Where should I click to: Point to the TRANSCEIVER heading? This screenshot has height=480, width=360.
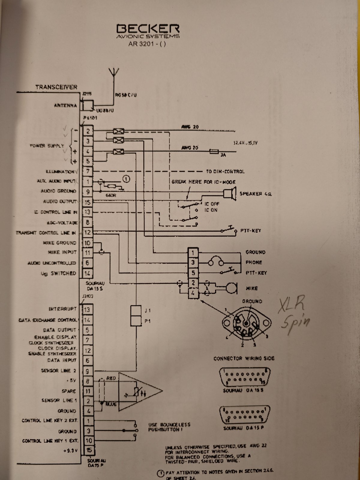tap(56, 87)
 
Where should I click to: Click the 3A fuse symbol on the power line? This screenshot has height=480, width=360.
tap(214, 152)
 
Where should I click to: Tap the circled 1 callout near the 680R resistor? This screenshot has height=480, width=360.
tap(127, 179)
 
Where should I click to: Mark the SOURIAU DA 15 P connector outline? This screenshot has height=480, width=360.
tap(244, 415)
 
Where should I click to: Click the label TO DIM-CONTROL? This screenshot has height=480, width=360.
tap(225, 172)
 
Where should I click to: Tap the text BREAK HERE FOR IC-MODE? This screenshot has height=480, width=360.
tap(203, 182)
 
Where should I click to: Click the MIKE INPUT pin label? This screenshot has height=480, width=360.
tap(62, 252)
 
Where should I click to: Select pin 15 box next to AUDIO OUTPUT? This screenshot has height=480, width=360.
tap(88, 202)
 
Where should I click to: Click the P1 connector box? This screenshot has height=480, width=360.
tap(136, 321)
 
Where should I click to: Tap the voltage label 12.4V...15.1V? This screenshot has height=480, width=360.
tap(245, 143)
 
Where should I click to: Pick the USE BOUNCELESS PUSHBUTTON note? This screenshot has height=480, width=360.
tap(169, 427)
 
